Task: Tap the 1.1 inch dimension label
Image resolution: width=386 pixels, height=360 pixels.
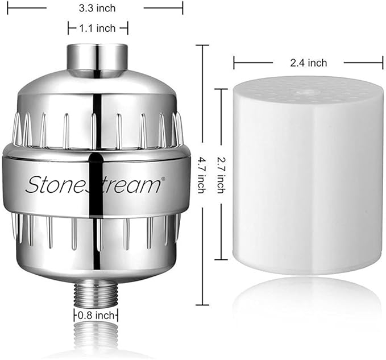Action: [98, 28]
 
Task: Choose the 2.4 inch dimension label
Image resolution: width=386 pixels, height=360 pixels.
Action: [308, 63]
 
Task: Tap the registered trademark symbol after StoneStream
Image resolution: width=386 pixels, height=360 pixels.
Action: [163, 179]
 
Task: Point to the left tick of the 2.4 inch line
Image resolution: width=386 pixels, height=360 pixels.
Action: [234, 63]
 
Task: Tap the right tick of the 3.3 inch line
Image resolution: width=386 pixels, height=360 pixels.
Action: [183, 9]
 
